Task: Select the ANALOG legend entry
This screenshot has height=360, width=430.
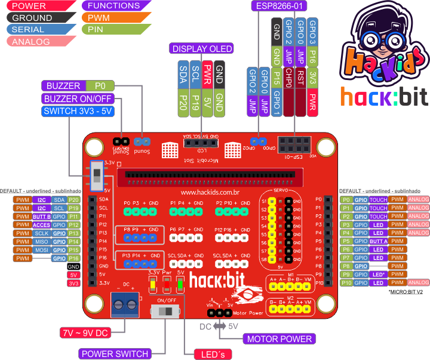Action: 36,42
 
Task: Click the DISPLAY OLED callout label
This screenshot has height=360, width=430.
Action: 201,48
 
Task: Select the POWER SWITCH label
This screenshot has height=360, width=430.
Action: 115,353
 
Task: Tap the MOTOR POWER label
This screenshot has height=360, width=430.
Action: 279,339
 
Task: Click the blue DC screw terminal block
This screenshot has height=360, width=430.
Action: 125,303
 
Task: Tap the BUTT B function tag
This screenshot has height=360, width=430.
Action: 41,217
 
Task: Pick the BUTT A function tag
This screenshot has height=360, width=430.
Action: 379,241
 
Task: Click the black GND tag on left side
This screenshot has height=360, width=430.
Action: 73,266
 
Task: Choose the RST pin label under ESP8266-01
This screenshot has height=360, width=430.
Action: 300,78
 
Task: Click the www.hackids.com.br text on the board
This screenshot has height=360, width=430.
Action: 210,192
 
